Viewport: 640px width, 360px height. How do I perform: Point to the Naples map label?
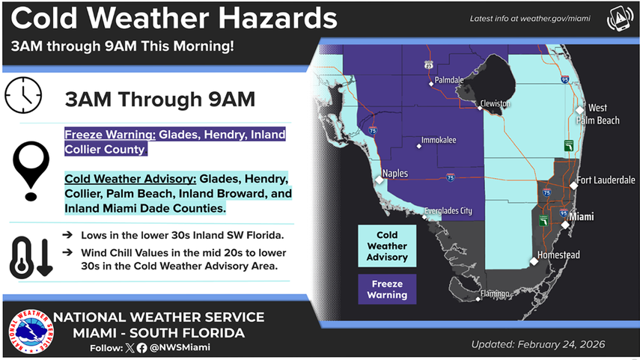[x=394, y=174]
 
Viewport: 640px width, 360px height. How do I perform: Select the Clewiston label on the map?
[x=496, y=103]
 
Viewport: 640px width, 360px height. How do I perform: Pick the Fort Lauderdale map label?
[x=606, y=180]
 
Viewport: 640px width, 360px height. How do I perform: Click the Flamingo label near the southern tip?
[x=494, y=293]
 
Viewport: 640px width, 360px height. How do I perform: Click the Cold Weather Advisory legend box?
[x=386, y=245]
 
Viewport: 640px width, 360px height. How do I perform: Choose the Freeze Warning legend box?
[x=386, y=289]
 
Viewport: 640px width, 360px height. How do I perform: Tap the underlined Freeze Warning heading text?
[x=109, y=135]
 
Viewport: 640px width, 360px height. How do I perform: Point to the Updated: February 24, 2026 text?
[x=538, y=345]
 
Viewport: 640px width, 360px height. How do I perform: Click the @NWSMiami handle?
[x=180, y=347]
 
